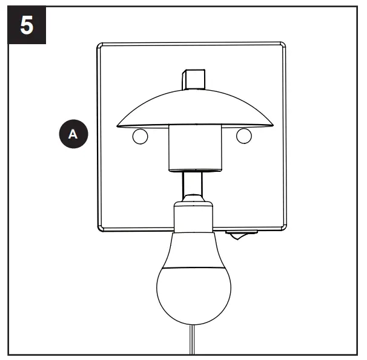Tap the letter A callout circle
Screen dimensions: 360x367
coord(73,134)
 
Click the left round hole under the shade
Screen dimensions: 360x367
coord(139,136)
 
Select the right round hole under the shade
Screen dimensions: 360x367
coord(243,136)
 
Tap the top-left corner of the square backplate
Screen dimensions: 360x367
coord(101,45)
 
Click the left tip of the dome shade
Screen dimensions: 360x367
coord(118,125)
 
